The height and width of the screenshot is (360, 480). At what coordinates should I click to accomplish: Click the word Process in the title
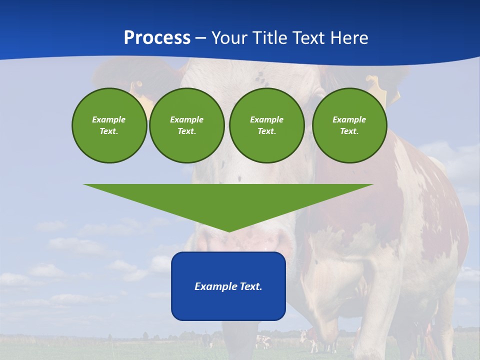[157, 37]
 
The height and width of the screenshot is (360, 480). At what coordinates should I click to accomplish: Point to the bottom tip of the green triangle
[228, 230]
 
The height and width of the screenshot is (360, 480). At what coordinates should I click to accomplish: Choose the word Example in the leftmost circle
[109, 119]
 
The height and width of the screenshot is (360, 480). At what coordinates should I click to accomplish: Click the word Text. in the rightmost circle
[349, 131]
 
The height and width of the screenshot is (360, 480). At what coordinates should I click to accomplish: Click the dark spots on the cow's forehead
[260, 77]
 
